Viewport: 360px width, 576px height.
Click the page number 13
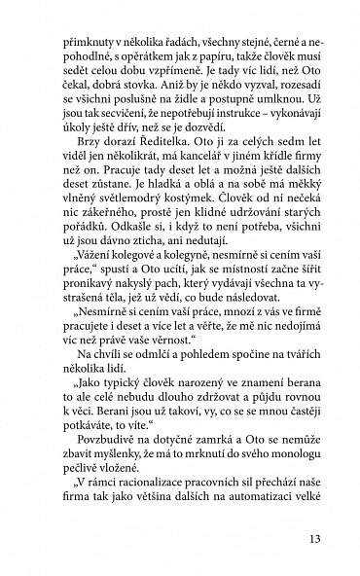tap(310, 537)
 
